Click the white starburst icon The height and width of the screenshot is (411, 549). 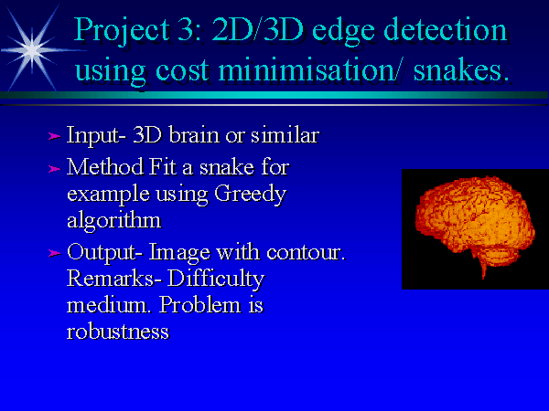(x=32, y=50)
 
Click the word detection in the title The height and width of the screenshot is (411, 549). (x=445, y=30)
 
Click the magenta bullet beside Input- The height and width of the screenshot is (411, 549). (x=54, y=136)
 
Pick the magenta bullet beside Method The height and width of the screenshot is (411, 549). (x=54, y=169)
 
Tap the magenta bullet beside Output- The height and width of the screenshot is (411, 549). (x=54, y=253)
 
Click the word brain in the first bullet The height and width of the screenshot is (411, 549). (x=195, y=134)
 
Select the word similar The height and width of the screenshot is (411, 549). (x=285, y=134)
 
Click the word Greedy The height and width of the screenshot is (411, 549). (x=251, y=195)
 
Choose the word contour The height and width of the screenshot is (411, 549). (x=306, y=252)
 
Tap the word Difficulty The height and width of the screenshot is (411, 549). (x=216, y=279)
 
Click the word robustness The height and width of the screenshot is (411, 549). (x=118, y=332)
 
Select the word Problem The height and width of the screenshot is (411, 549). (x=200, y=305)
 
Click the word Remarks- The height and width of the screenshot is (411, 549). (x=114, y=279)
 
